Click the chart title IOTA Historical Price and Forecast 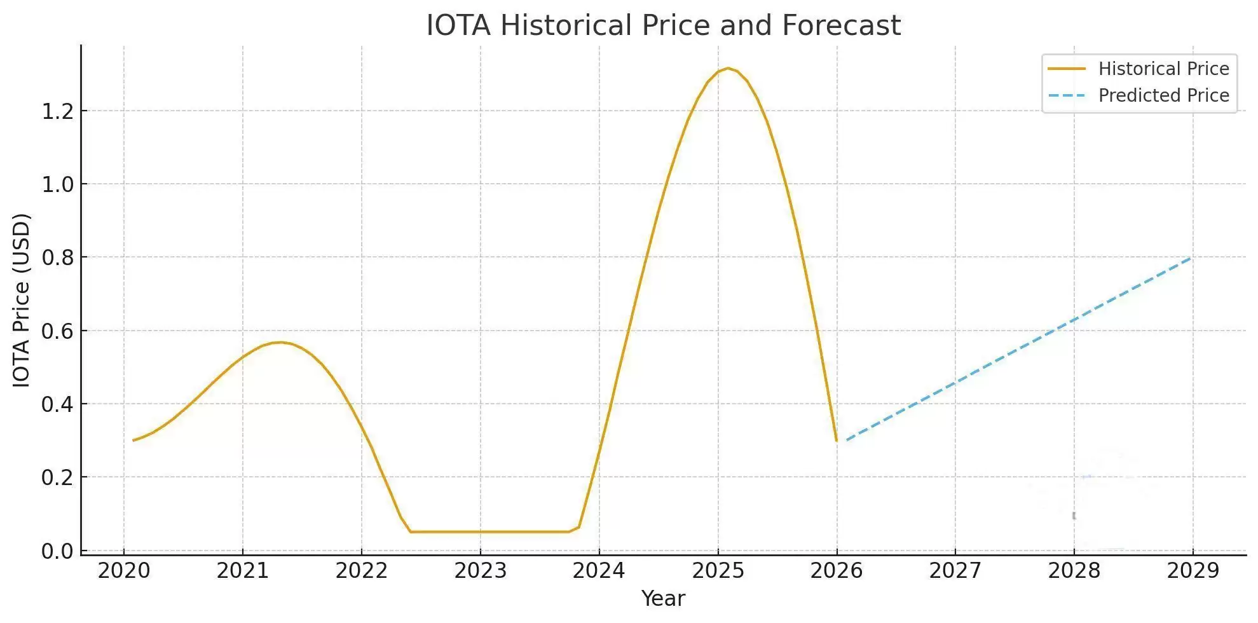[x=663, y=25]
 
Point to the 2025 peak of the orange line [x=728, y=68]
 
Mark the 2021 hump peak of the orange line [x=280, y=342]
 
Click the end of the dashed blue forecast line [x=1191, y=257]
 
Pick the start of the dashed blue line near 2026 [x=847, y=440]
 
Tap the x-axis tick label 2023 [x=480, y=571]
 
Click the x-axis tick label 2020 [x=123, y=571]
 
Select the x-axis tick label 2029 [x=1193, y=571]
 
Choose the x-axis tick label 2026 [x=837, y=571]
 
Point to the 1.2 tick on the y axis [x=57, y=112]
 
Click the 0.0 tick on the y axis [x=57, y=551]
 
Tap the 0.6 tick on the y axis [x=57, y=331]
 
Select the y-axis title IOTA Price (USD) [x=22, y=300]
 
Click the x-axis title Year [x=663, y=599]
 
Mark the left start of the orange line [x=133, y=440]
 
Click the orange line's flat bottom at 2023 [x=480, y=531]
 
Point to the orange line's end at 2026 [x=836, y=440]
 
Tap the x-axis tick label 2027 [x=955, y=571]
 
